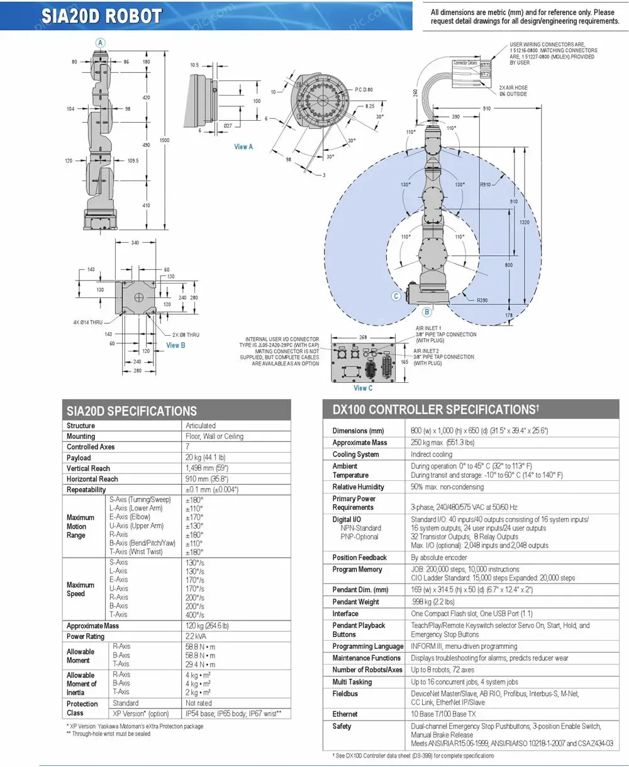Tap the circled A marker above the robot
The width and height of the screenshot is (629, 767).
pyautogui.click(x=100, y=42)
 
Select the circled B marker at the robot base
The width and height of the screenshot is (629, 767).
pyautogui.click(x=426, y=312)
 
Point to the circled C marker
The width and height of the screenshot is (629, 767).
pyautogui.click(x=396, y=296)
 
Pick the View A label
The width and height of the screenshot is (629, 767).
pyautogui.click(x=243, y=146)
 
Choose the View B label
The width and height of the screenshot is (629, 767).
pyautogui.click(x=175, y=345)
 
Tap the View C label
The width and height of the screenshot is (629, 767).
pyautogui.click(x=364, y=388)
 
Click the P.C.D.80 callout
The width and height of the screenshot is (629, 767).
pyautogui.click(x=364, y=90)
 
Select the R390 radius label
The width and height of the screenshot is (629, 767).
pyautogui.click(x=482, y=301)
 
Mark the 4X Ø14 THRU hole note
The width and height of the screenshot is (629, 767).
pyautogui.click(x=87, y=323)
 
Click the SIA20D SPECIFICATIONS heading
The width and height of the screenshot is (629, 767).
pyautogui.click(x=131, y=411)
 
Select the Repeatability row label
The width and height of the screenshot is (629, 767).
pyautogui.click(x=86, y=490)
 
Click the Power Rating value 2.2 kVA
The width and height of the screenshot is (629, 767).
pyautogui.click(x=198, y=637)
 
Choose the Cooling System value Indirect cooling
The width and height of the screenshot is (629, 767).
pyautogui.click(x=431, y=455)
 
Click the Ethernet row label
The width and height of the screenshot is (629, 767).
pyautogui.click(x=345, y=714)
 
